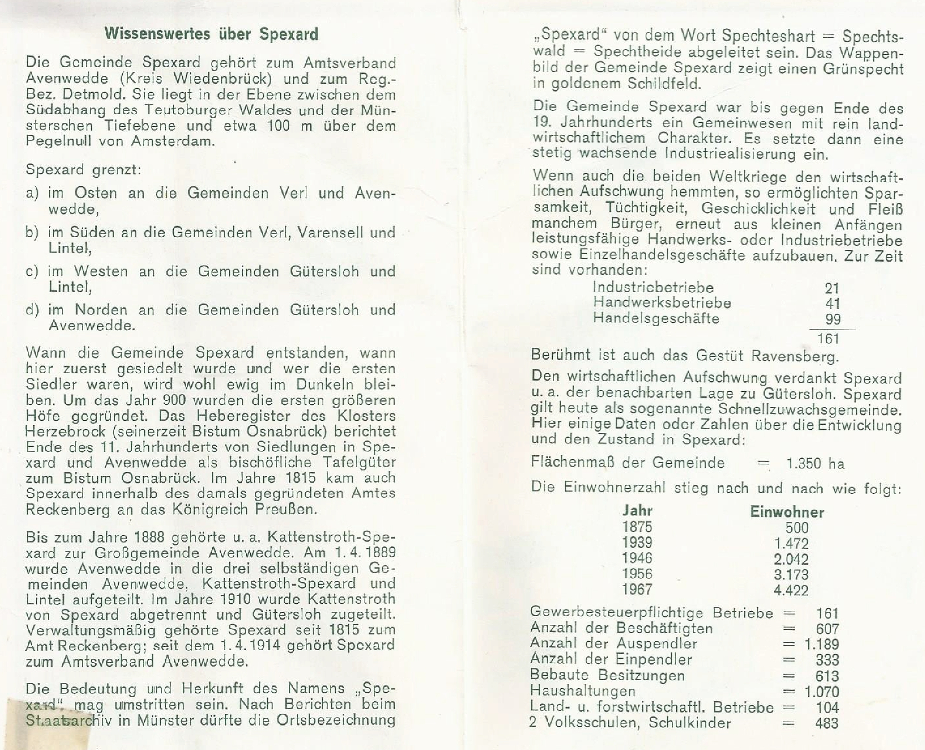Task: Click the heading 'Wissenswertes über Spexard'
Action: click(211, 34)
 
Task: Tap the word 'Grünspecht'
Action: click(862, 68)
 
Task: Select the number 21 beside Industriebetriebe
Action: click(832, 288)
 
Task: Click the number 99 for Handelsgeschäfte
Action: click(833, 319)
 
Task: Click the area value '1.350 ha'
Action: click(815, 463)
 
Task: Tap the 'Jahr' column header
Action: click(637, 511)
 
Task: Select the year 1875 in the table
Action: click(637, 527)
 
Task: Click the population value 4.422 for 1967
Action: click(791, 590)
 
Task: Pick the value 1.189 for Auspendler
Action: click(822, 644)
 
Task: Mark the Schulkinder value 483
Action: click(827, 723)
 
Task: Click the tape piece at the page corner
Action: click(48, 724)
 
